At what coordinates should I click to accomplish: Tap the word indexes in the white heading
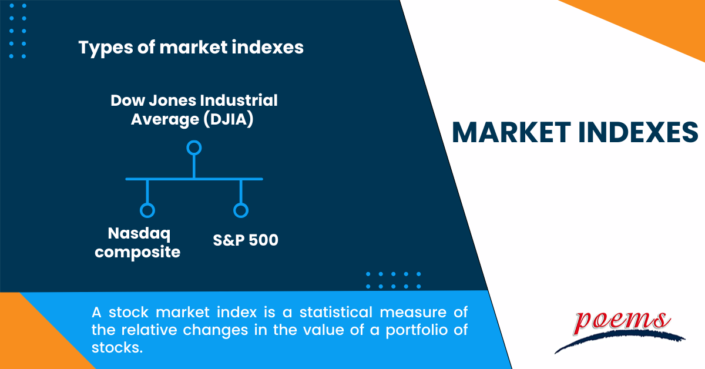pyautogui.click(x=267, y=47)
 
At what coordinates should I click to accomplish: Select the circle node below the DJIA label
pyautogui.click(x=194, y=147)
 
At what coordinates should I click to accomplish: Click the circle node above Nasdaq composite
pyautogui.click(x=147, y=210)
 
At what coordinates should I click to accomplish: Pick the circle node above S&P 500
pyautogui.click(x=241, y=210)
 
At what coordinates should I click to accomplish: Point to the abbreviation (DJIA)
pyautogui.click(x=229, y=120)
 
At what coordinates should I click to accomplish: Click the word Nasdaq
pyautogui.click(x=139, y=234)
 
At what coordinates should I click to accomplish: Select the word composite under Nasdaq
pyautogui.click(x=137, y=253)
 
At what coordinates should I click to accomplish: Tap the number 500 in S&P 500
pyautogui.click(x=264, y=240)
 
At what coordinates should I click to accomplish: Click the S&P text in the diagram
pyautogui.click(x=229, y=240)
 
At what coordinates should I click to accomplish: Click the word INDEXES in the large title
pyautogui.click(x=638, y=132)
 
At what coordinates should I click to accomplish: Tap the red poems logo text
pyautogui.click(x=622, y=322)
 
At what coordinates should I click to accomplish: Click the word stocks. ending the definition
pyautogui.click(x=117, y=348)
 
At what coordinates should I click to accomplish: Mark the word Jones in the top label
pyautogui.click(x=173, y=100)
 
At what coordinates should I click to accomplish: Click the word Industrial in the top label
pyautogui.click(x=239, y=100)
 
